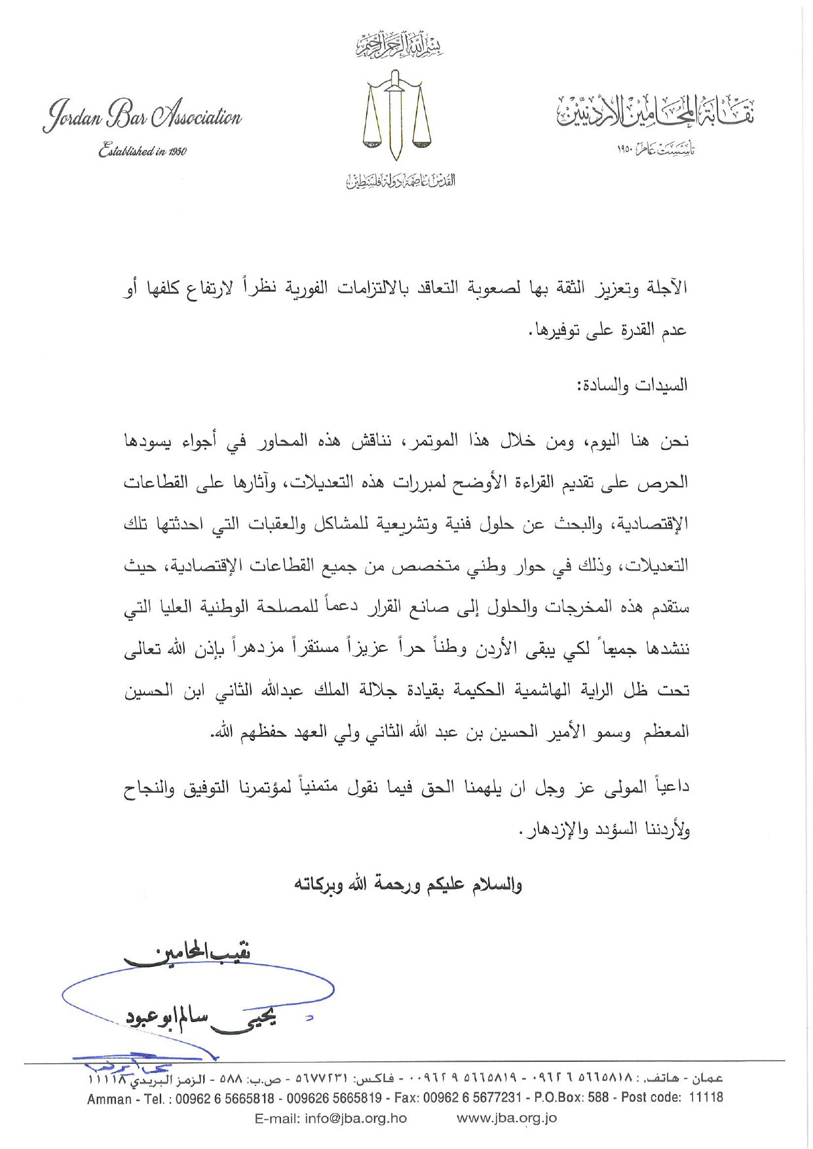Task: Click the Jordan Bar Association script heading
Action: (142, 117)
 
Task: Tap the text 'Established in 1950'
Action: (142, 151)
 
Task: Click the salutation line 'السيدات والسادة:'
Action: (632, 385)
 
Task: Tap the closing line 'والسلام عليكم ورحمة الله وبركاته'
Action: (407, 885)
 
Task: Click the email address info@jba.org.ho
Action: (331, 1118)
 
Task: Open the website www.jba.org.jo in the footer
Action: (506, 1118)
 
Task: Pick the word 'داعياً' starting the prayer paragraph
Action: (669, 787)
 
